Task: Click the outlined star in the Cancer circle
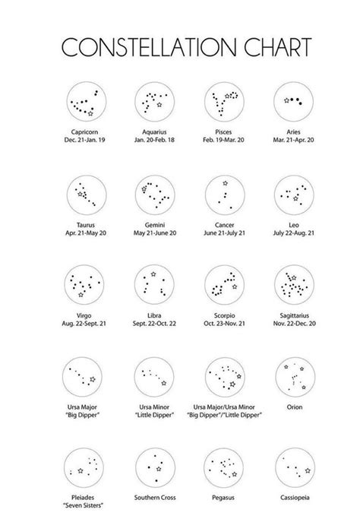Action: (x=225, y=183)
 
